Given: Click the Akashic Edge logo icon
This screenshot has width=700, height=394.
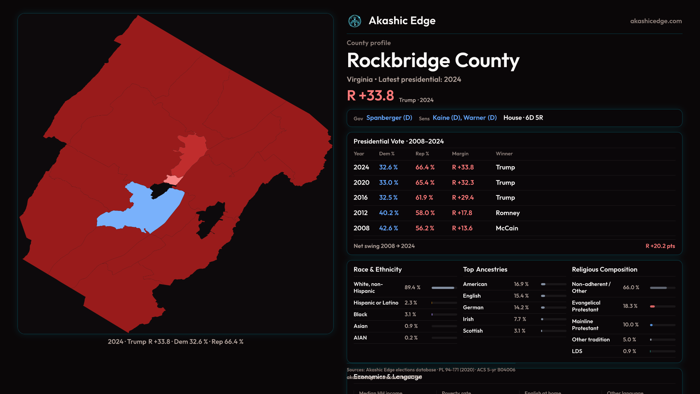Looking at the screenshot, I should click(x=354, y=21).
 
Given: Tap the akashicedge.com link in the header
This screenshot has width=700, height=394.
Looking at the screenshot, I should click(x=656, y=21).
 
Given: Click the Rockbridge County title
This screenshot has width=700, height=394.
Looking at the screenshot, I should click(x=433, y=61).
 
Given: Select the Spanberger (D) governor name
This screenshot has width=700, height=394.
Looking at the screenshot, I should click(x=389, y=118).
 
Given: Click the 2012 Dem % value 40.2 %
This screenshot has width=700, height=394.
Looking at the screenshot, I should click(x=389, y=213).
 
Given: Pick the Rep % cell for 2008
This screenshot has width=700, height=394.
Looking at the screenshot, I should click(x=425, y=228).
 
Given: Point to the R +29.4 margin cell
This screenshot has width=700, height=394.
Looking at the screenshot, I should click(x=463, y=198).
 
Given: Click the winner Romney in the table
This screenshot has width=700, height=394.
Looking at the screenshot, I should click(x=507, y=213).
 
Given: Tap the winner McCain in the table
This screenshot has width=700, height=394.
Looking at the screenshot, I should click(x=507, y=228).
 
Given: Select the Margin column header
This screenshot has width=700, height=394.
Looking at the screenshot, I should click(x=460, y=154).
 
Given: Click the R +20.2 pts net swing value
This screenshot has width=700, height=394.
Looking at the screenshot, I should click(x=660, y=246).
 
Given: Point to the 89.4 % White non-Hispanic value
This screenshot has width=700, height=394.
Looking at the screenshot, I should click(x=412, y=287).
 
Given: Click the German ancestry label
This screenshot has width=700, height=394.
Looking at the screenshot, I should click(x=473, y=308).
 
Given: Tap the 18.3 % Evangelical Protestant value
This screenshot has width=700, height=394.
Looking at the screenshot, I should click(x=630, y=306).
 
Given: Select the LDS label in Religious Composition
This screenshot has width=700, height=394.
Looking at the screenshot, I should click(x=577, y=351).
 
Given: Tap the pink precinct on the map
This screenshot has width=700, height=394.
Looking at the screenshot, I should click(x=172, y=180).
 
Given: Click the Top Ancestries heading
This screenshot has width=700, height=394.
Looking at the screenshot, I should click(x=485, y=270).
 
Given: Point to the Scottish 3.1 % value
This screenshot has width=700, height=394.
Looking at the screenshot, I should click(x=520, y=331).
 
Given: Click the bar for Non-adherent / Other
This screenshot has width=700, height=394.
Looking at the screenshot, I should click(x=662, y=288).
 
